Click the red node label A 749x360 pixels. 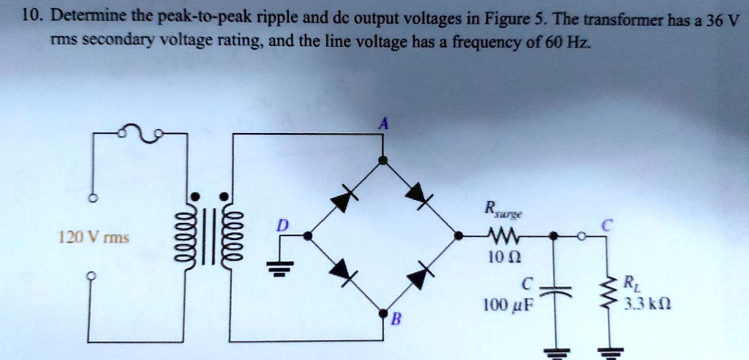point(382,125)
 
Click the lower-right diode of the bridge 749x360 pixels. point(419,276)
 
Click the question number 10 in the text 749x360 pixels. point(30,15)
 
